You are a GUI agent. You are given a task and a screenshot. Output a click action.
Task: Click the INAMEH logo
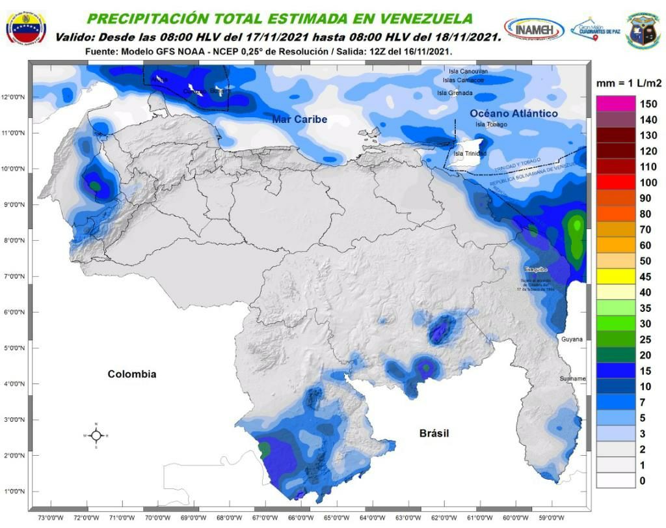tap(533, 29)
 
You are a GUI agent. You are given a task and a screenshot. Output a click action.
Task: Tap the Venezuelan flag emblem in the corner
tap(25, 28)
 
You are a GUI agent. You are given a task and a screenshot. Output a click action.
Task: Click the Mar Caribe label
tap(299, 119)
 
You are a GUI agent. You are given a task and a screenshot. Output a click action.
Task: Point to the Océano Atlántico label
tap(514, 113)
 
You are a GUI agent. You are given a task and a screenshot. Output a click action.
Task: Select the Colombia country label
tap(131, 374)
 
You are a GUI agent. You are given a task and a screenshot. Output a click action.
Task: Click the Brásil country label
tap(434, 433)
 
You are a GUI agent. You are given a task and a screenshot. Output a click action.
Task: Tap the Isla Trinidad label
tap(470, 153)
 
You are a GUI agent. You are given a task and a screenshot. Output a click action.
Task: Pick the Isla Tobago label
tap(490, 124)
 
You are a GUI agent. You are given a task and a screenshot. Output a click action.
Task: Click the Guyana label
tap(572, 339)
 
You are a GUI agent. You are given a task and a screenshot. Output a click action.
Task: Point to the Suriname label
tap(572, 378)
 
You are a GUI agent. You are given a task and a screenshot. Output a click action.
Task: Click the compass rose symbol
tap(96, 435)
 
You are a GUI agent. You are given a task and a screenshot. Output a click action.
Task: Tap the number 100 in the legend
tap(648, 182)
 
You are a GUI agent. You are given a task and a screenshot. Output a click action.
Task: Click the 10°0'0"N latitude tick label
tap(14, 169)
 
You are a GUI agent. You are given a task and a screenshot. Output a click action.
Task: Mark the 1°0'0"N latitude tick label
tap(14, 491)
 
